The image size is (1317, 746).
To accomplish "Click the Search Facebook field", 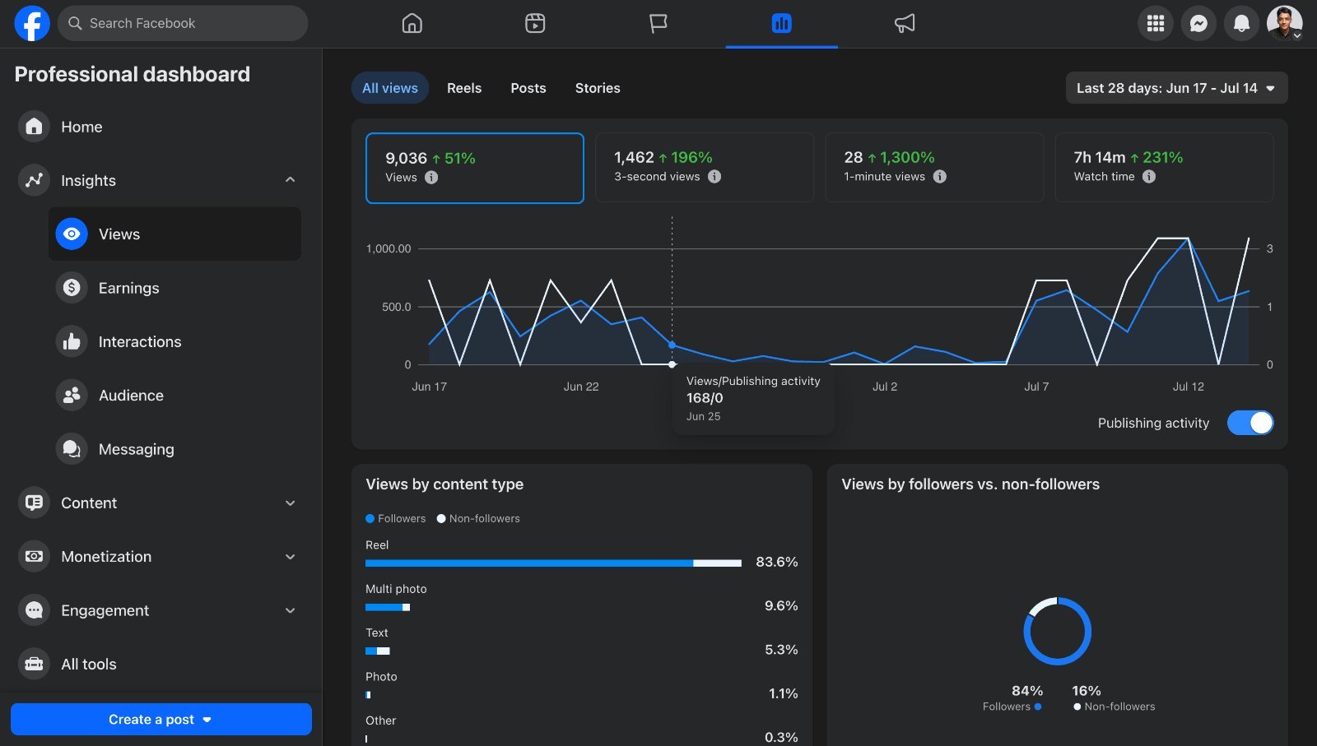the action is click(182, 24).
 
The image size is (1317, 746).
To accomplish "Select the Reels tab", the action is click(464, 88).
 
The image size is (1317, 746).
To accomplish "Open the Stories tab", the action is click(598, 88).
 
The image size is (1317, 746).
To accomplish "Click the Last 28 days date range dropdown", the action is click(1176, 88).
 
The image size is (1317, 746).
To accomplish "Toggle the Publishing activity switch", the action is click(1250, 423).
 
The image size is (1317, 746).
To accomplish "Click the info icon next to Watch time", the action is click(1149, 176).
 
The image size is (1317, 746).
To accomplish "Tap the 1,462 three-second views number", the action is click(634, 157).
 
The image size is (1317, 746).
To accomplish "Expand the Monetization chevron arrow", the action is click(290, 557).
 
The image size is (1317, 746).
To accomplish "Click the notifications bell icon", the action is click(1241, 24).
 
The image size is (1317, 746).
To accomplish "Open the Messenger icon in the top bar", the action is click(1198, 24).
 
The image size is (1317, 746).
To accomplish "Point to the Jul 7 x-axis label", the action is click(1036, 387).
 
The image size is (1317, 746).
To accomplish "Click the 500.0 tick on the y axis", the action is click(396, 307).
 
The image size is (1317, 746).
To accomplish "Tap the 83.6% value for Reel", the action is click(777, 562).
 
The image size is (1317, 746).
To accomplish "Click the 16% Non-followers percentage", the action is click(1086, 691).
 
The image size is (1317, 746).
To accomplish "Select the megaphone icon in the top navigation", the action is click(905, 24).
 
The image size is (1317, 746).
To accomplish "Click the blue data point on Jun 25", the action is click(672, 345).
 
